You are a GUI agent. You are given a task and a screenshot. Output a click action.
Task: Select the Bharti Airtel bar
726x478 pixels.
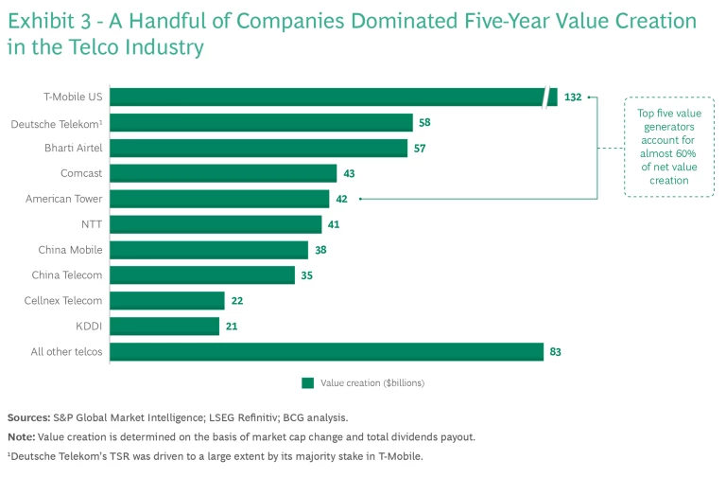click(260, 148)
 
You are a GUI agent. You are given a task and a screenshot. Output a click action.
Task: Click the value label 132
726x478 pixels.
click(573, 97)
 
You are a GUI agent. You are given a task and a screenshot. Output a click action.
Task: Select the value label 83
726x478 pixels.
click(556, 351)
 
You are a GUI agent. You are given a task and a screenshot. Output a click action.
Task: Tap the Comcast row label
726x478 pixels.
click(80, 173)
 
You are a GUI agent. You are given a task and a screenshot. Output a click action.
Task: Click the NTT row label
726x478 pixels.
click(92, 224)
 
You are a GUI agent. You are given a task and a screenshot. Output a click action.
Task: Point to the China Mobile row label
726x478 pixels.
click(70, 250)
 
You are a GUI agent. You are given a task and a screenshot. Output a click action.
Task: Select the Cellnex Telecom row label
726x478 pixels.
click(63, 300)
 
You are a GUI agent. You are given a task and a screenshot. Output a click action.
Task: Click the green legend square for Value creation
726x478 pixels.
click(307, 383)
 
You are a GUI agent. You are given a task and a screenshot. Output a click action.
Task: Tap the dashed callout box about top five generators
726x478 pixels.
click(669, 147)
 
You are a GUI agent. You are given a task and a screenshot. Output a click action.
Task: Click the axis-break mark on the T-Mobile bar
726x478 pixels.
click(546, 97)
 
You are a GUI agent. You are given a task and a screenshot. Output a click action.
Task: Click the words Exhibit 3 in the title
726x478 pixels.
click(52, 21)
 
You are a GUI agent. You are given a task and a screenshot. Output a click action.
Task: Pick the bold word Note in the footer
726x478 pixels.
click(22, 436)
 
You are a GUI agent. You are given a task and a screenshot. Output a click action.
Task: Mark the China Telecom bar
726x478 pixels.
click(203, 274)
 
